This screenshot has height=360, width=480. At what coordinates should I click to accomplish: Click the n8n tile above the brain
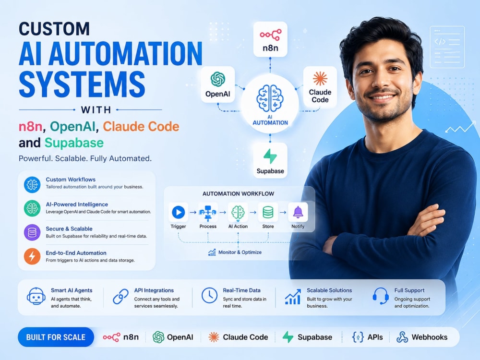click(x=270, y=39)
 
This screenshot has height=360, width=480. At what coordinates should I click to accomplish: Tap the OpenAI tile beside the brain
click(x=217, y=84)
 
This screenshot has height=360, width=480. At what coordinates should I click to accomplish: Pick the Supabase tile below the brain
click(x=270, y=160)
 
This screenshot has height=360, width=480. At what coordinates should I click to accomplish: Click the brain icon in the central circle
click(x=270, y=98)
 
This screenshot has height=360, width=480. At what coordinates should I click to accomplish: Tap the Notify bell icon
click(x=298, y=212)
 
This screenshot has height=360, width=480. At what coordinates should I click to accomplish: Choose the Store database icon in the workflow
click(x=268, y=212)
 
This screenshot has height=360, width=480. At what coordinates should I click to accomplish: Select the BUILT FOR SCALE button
click(x=56, y=337)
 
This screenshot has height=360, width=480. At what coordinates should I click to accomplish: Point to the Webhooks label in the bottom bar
click(x=429, y=337)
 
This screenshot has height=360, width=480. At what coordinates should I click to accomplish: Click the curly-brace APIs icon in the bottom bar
click(x=358, y=337)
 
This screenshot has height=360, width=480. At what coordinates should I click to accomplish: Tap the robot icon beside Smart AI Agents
click(x=36, y=296)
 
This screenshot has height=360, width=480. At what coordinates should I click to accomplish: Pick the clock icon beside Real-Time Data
click(x=209, y=295)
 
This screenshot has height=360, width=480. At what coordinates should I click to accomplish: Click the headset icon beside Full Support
click(x=381, y=296)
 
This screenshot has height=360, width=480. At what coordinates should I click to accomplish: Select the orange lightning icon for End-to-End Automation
click(x=32, y=256)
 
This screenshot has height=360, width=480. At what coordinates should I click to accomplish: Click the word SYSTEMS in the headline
click(x=82, y=84)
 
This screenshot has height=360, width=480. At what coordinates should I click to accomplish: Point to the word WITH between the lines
click(x=96, y=109)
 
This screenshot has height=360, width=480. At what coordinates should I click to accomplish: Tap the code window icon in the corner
click(x=447, y=47)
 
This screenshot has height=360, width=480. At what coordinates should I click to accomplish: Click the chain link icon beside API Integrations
click(x=120, y=296)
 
